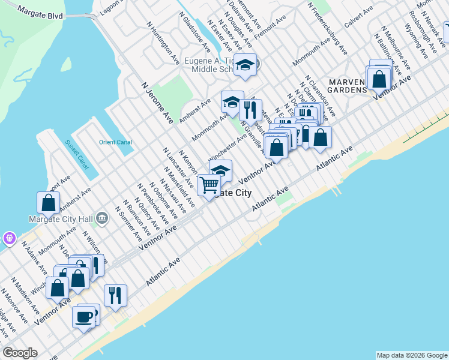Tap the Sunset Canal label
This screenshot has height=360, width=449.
[x=77, y=153]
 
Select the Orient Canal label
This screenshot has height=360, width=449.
[x=115, y=142]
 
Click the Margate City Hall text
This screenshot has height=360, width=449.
[x=59, y=218]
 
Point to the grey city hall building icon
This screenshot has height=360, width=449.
[x=101, y=218]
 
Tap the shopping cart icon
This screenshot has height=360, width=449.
[x=209, y=184]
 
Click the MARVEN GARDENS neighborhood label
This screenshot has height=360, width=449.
[x=346, y=86]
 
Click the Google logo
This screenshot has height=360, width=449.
[x=20, y=353]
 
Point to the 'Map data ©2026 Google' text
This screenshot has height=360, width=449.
[x=411, y=355]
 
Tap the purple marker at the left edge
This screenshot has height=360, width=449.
[x=8, y=238]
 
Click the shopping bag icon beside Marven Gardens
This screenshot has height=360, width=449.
[x=379, y=78]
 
